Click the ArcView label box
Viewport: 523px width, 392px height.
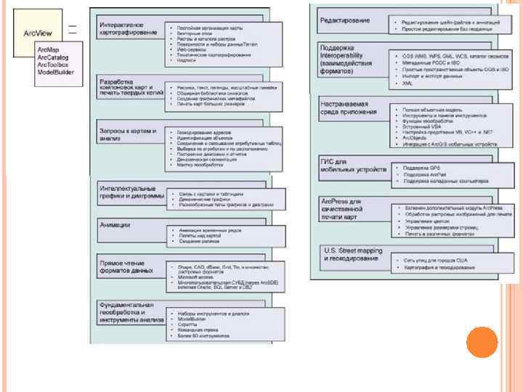pyautogui.click(x=37, y=33)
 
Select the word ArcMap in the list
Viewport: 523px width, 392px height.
pyautogui.click(x=49, y=49)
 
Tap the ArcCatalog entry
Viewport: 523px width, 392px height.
pyautogui.click(x=52, y=57)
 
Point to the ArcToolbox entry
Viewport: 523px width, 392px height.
pyautogui.click(x=53, y=65)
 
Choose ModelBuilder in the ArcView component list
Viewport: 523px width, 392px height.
pyautogui.click(x=55, y=73)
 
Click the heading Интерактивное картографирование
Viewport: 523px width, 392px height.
pyautogui.click(x=128, y=28)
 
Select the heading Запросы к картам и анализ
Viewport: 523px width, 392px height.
pyautogui.click(x=127, y=134)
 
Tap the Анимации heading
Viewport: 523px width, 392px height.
pyautogui.click(x=115, y=225)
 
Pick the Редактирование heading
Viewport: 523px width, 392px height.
pyautogui.click(x=345, y=20)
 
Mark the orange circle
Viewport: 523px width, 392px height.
pyautogui.click(x=482, y=341)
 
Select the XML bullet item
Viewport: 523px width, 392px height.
pyautogui.click(x=408, y=83)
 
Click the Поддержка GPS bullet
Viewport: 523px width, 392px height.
pyautogui.click(x=418, y=168)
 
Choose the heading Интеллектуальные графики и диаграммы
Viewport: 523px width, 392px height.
pyautogui.click(x=128, y=192)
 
